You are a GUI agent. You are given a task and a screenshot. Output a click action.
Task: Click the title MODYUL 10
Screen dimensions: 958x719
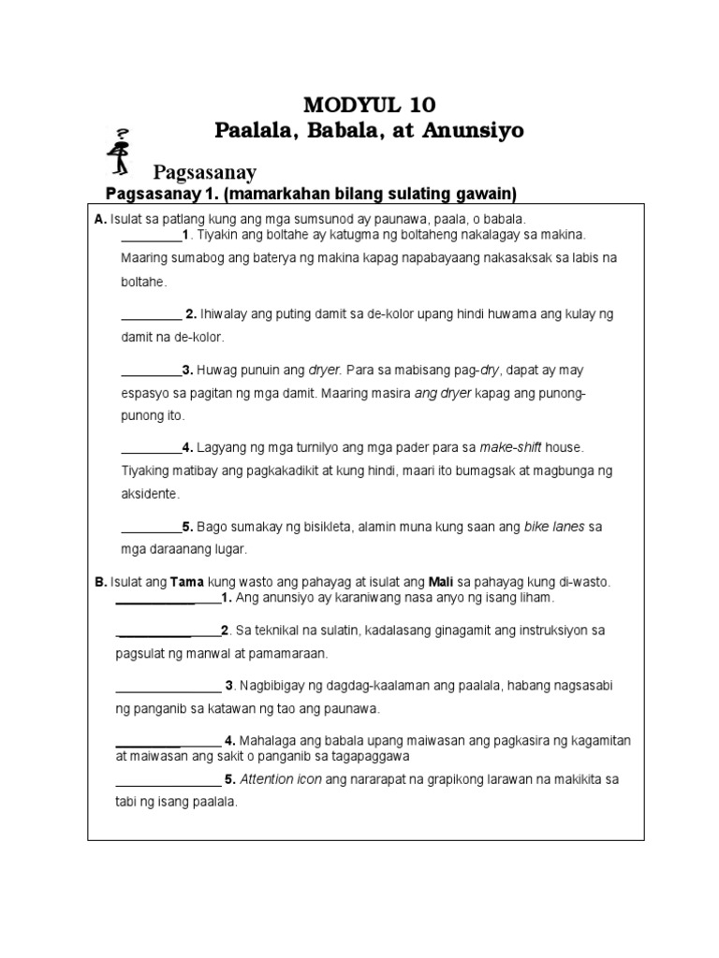pos(369,104)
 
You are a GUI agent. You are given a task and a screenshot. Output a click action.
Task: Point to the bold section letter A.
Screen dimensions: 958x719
pos(98,218)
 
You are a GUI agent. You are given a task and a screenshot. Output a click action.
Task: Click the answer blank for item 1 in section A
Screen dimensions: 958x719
pos(151,236)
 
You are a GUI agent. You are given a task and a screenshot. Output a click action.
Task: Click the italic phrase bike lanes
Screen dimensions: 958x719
pos(553,527)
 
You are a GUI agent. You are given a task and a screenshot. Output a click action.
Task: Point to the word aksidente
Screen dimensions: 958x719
pos(149,493)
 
